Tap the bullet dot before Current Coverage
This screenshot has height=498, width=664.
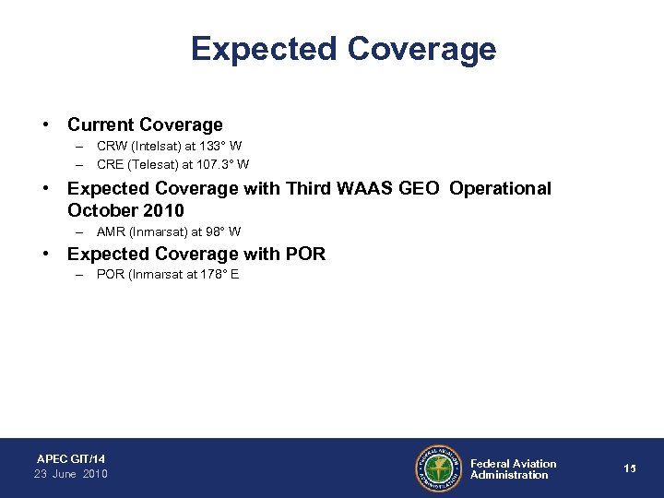pyautogui.click(x=44, y=124)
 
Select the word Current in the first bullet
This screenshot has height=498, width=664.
pyautogui.click(x=100, y=124)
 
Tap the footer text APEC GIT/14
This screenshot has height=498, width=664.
pyautogui.click(x=71, y=458)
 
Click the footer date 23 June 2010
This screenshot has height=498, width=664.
pyautogui.click(x=71, y=474)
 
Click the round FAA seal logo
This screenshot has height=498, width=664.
pyautogui.click(x=438, y=468)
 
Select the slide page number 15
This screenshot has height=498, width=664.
pyautogui.click(x=630, y=468)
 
